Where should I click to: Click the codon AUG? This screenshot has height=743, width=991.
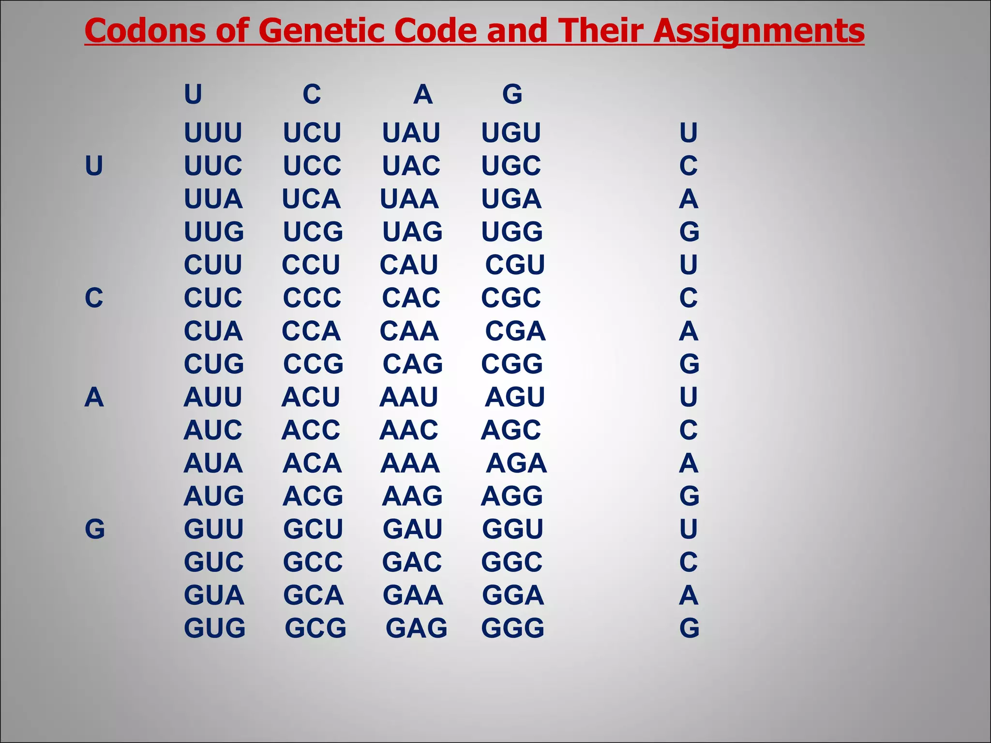tap(213, 496)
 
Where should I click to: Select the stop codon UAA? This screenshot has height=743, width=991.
tap(409, 199)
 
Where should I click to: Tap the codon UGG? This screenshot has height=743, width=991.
tap(511, 232)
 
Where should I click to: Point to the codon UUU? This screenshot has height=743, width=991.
tap(213, 133)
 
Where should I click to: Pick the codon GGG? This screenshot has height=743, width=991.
tap(512, 628)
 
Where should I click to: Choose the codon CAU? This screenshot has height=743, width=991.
tap(408, 265)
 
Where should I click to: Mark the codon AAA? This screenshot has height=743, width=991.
tap(410, 463)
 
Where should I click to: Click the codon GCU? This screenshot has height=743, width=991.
tap(313, 529)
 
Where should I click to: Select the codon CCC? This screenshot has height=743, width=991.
tap(312, 298)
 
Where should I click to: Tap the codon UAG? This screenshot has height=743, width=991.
tap(412, 232)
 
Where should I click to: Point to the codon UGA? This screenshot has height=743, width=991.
tap(511, 199)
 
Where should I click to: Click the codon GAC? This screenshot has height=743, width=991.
tap(412, 562)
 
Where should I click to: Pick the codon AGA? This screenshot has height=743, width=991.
tap(516, 463)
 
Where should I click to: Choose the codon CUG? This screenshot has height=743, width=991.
tap(213, 364)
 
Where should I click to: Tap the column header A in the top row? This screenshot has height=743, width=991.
tap(422, 94)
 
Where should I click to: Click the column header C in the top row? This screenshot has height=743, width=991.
tap(312, 94)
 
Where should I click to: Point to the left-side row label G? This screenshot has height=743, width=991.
tap(94, 529)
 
